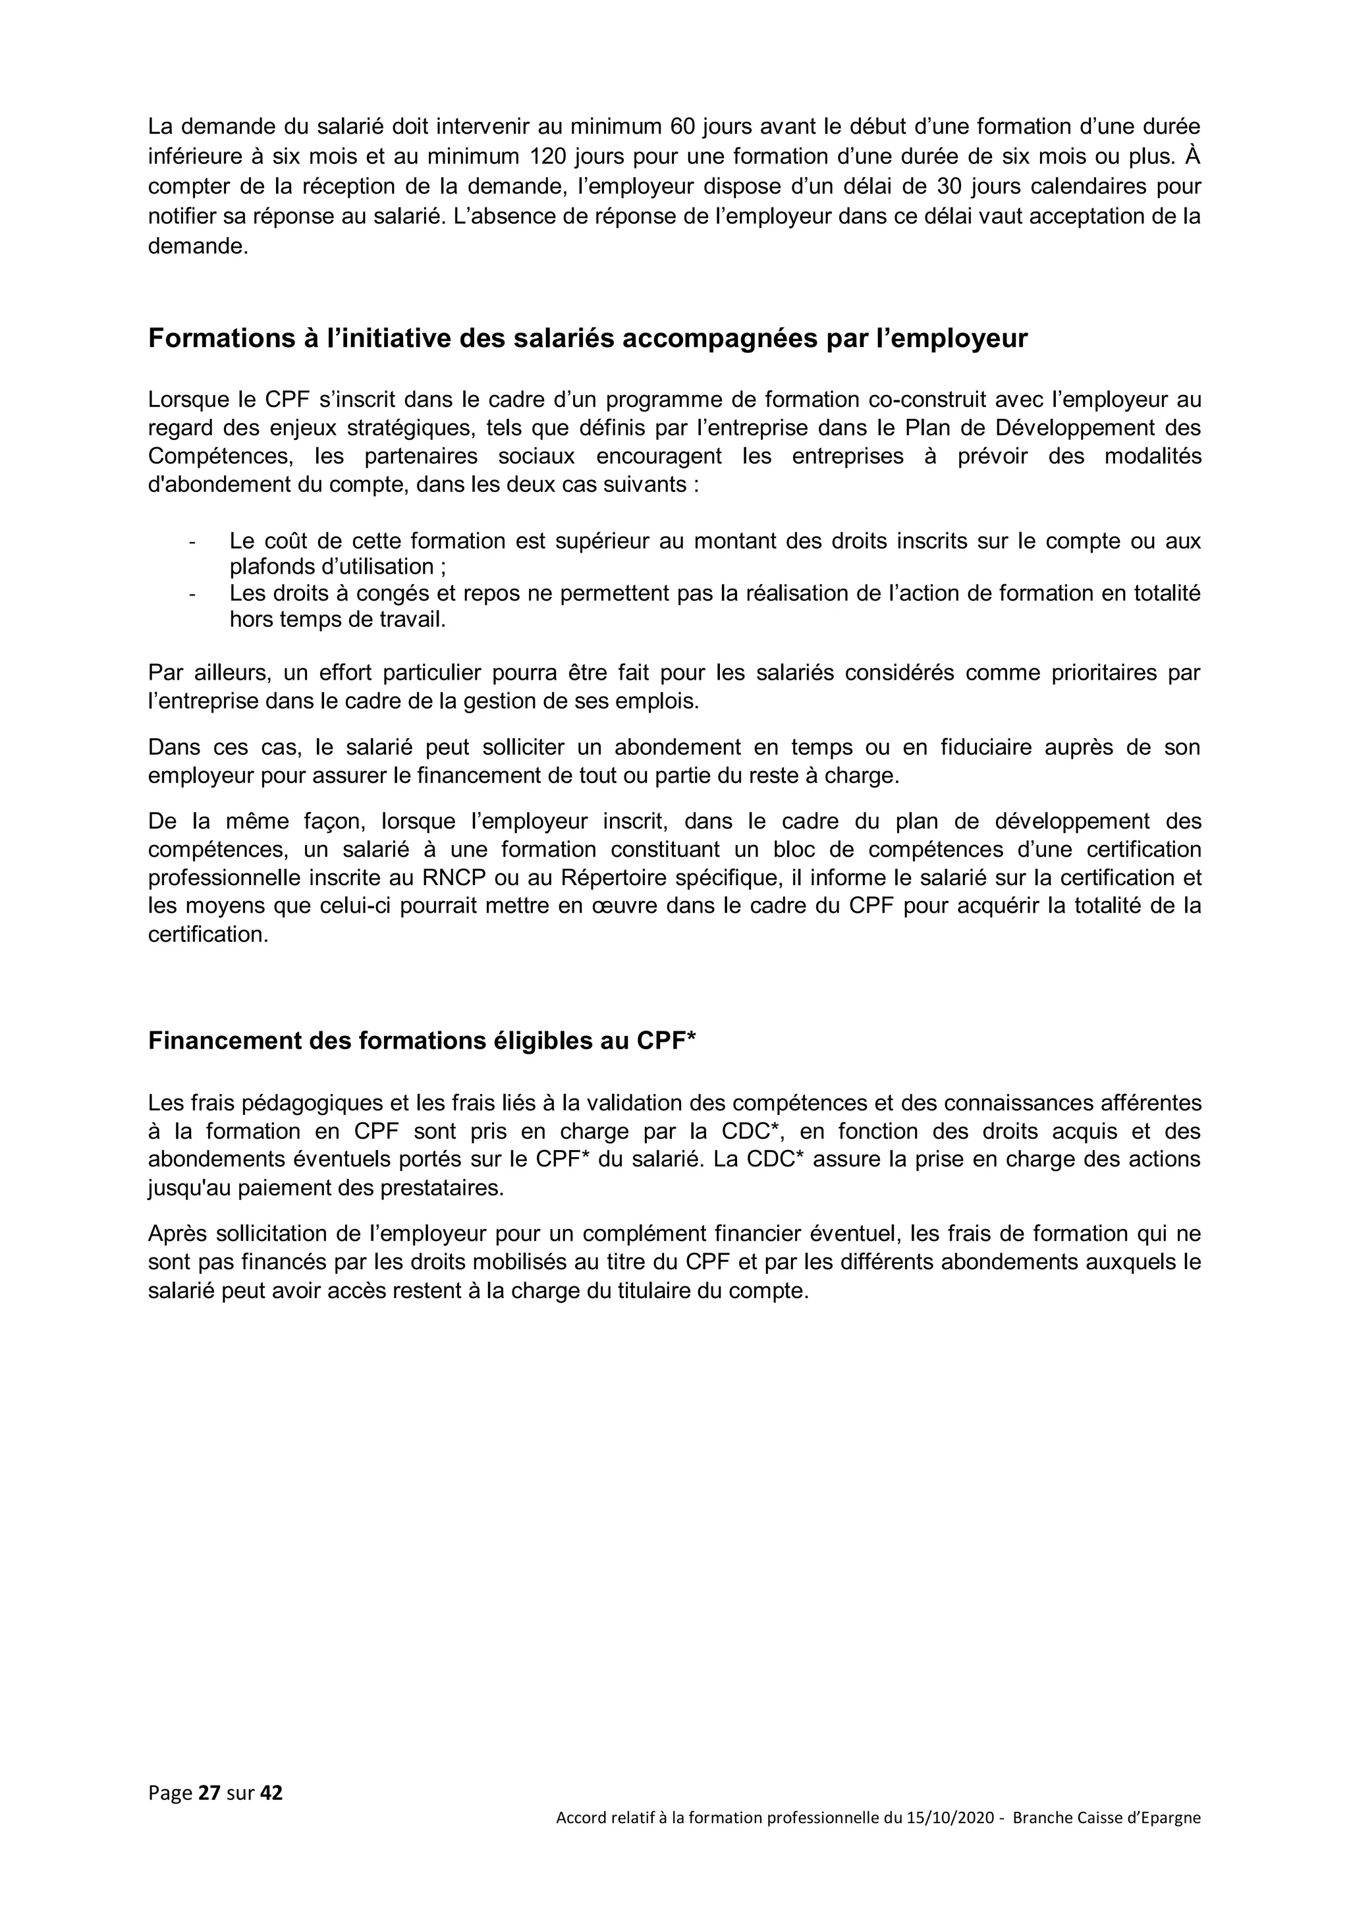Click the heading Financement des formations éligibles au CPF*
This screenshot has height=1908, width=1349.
pyautogui.click(x=422, y=1041)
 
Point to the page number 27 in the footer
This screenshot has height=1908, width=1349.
pyautogui.click(x=209, y=1793)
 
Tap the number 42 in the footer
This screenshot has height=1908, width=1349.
pyautogui.click(x=272, y=1793)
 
